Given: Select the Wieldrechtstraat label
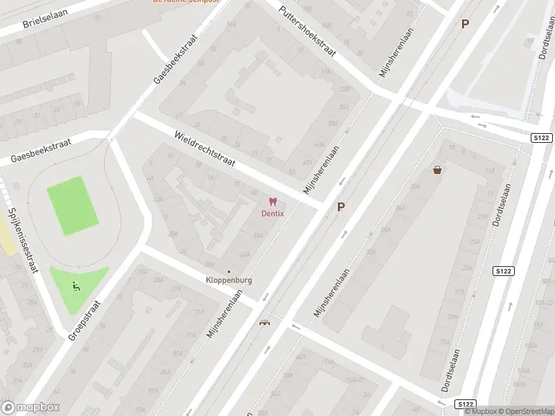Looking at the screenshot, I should [205, 149].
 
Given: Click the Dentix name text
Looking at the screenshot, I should [272, 213].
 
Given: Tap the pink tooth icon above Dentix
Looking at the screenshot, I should [272, 202].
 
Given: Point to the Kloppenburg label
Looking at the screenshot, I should [228, 280].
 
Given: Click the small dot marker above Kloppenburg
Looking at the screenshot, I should [228, 271].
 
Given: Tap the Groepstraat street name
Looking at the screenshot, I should [85, 320].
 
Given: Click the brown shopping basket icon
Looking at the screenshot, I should [437, 169].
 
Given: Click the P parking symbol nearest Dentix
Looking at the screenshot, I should [341, 207].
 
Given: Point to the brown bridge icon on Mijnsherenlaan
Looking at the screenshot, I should [264, 322].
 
